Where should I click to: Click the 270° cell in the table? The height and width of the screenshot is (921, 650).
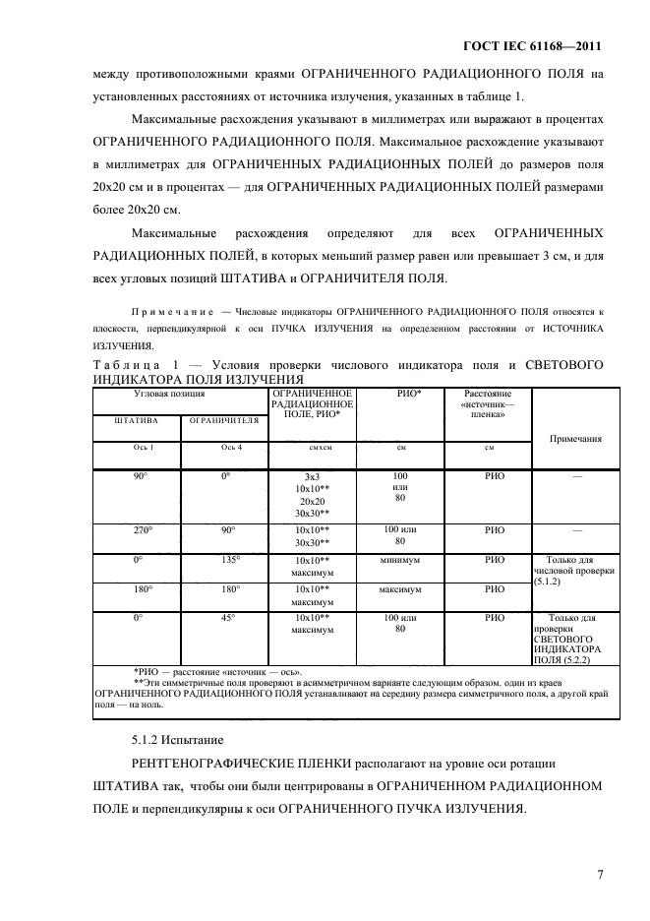click(x=140, y=530)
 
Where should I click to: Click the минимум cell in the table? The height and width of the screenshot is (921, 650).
click(x=400, y=560)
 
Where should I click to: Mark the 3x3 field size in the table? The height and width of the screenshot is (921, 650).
click(x=312, y=476)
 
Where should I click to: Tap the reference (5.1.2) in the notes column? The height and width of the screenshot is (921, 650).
click(x=548, y=583)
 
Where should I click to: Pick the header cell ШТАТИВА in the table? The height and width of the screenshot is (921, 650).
click(x=137, y=420)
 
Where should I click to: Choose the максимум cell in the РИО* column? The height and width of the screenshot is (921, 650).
click(x=400, y=589)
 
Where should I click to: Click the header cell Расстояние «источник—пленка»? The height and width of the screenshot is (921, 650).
click(x=489, y=403)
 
